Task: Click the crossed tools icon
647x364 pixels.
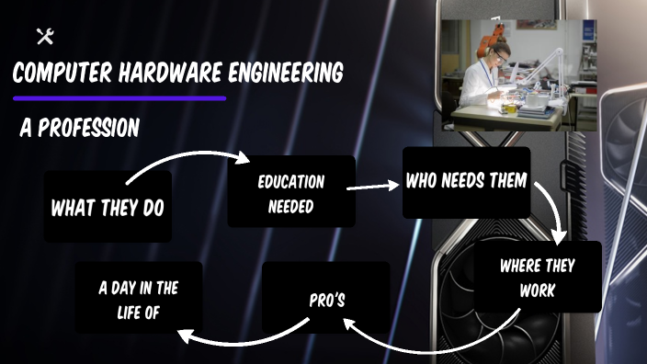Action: [x=44, y=37]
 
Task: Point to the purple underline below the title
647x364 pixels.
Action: [x=119, y=97]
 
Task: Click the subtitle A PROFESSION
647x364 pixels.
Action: [x=79, y=128]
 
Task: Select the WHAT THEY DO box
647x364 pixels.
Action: [x=108, y=207]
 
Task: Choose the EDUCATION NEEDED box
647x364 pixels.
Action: [x=290, y=194]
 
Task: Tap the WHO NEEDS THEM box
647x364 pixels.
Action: [x=466, y=181]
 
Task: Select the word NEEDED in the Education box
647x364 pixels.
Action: [x=290, y=206]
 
